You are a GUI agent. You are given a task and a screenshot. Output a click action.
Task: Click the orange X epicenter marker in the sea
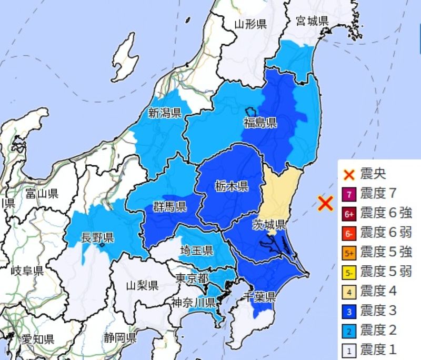point(326,203)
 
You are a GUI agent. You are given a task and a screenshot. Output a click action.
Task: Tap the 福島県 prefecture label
point(260,123)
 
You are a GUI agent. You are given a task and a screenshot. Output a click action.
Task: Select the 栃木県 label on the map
point(232,185)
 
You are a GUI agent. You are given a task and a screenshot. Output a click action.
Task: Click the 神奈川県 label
point(193,302)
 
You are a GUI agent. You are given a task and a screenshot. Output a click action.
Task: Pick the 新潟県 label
point(165,112)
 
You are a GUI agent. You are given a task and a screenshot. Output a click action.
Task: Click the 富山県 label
point(42,194)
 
